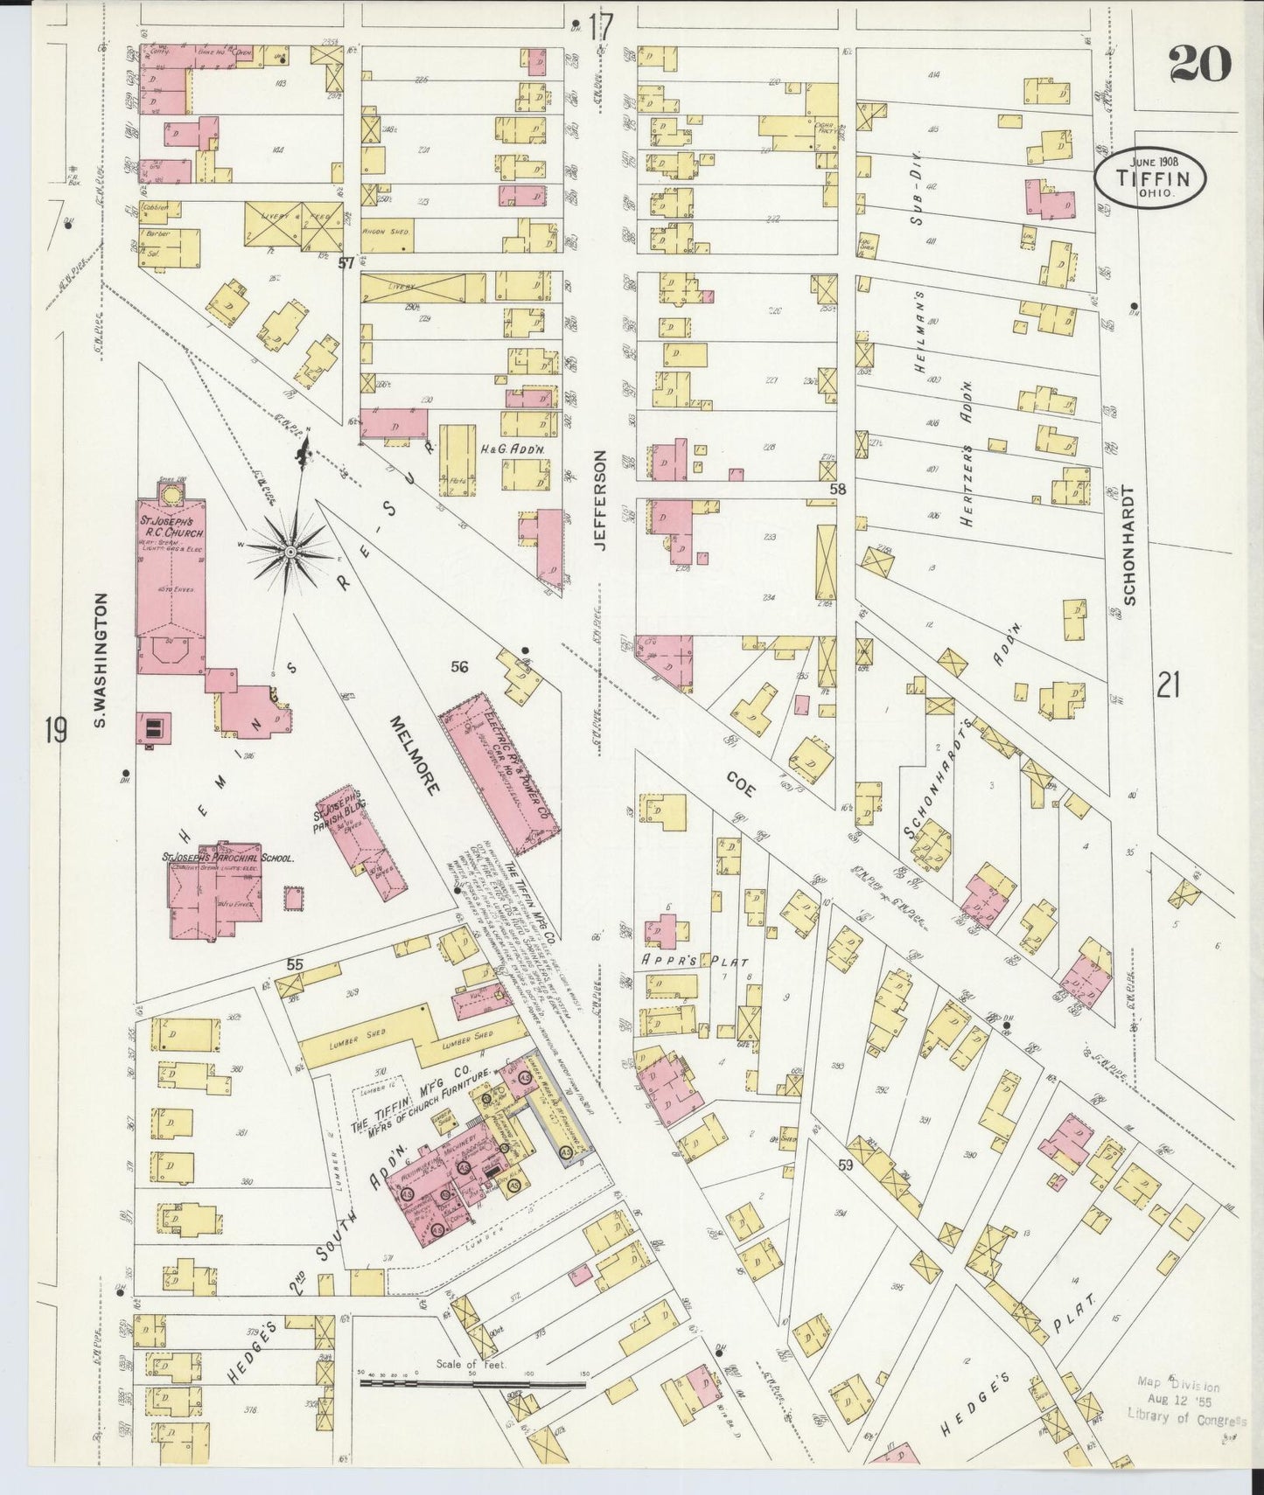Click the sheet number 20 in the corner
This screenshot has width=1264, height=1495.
pos(1199,64)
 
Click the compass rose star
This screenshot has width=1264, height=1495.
pos(290,551)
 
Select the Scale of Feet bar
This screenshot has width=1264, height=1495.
pos(472,1383)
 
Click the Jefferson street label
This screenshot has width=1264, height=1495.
pos(600,499)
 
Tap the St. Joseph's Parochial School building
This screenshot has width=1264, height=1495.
pos(215,892)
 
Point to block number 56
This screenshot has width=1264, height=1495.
pos(459,667)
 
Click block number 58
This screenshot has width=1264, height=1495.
pos(837,490)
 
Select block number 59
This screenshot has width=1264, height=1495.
pos(844,1165)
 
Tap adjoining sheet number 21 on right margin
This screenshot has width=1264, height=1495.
pos(1168,685)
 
